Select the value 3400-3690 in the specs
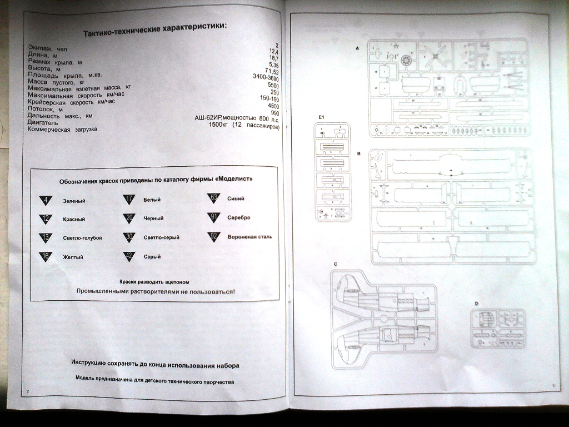[266, 79]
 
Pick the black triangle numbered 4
[46, 201]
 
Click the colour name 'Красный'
[73, 220]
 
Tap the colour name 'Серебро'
[239, 217]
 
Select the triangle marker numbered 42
[129, 256]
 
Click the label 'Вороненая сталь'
[249, 237]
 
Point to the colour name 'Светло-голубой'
[82, 238]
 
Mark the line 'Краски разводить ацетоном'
[158, 282]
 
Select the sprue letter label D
[476, 304]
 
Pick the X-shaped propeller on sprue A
[435, 54]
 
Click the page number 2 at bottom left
[27, 391]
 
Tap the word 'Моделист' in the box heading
[236, 180]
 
